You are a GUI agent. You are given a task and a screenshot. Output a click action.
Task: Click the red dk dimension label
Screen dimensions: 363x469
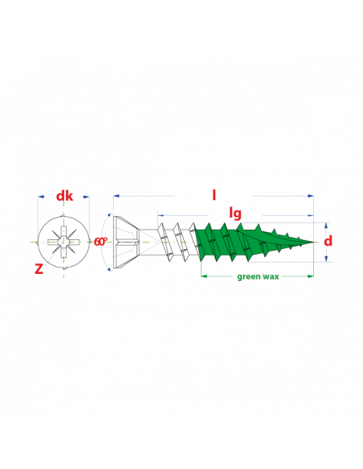[64, 196]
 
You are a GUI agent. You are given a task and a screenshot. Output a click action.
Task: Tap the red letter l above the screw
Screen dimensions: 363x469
[214, 195]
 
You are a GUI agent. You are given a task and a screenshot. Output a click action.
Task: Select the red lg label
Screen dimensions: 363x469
[235, 214]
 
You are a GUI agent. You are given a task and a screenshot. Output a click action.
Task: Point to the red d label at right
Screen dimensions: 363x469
[328, 241]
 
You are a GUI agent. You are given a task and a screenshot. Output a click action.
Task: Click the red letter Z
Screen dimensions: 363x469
[39, 269]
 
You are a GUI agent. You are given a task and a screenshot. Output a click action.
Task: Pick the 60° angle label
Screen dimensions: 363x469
[100, 242]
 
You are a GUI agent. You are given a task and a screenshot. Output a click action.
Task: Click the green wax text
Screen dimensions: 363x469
[258, 277]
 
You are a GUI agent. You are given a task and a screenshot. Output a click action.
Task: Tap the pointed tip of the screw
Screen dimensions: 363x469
[314, 242]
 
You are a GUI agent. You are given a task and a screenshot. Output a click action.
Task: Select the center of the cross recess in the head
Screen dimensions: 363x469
[63, 242]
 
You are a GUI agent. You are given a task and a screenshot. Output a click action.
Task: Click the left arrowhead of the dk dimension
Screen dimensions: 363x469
[41, 197]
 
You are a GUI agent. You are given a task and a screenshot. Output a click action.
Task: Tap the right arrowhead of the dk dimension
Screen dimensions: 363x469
[86, 197]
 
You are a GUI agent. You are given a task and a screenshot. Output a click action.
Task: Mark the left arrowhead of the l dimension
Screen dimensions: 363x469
[116, 196]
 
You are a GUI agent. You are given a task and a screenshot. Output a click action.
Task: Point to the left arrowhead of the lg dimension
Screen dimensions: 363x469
[161, 215]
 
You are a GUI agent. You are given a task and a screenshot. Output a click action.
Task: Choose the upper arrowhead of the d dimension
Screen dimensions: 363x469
[326, 226]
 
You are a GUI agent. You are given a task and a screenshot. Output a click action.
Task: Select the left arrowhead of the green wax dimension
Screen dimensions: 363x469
[204, 276]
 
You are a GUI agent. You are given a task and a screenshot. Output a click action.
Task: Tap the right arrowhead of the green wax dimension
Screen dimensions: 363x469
[310, 276]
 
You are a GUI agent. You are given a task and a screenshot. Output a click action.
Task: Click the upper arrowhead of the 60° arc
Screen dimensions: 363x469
[110, 214]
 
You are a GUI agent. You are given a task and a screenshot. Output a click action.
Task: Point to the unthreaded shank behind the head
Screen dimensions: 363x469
[149, 242]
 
